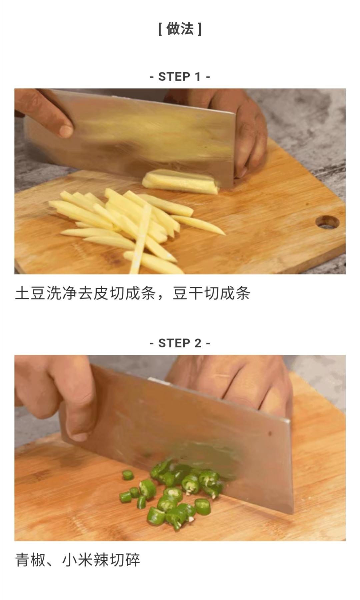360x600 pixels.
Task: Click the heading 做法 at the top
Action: point(180,29)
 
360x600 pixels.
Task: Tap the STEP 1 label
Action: point(180,77)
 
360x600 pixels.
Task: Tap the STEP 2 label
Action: point(180,343)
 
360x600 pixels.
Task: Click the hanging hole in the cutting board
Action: point(327,222)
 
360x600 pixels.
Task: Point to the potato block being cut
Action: point(180,182)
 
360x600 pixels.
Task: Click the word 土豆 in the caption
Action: point(31,294)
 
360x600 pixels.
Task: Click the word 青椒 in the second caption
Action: point(31,560)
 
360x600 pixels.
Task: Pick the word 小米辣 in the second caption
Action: point(86,560)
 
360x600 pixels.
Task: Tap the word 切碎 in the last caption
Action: point(125,560)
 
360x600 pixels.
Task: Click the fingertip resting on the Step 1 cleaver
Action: point(66,131)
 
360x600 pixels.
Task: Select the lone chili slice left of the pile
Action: point(128,475)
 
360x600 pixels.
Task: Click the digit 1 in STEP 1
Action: point(198,77)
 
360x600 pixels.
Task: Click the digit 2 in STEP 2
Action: point(198,343)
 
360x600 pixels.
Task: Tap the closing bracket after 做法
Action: point(199,29)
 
